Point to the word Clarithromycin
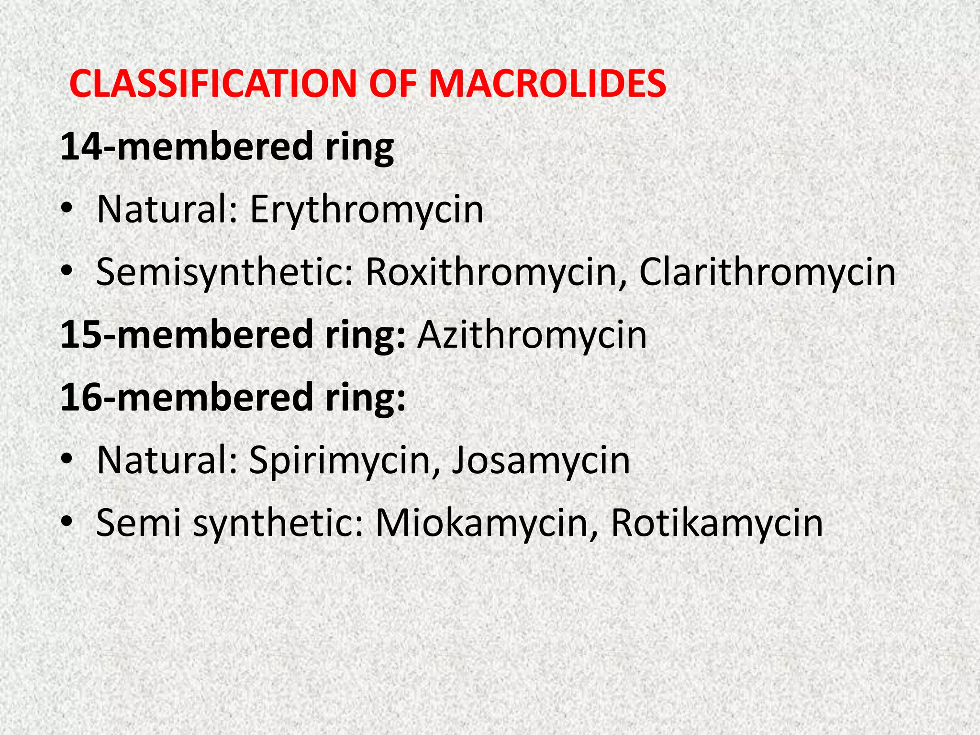click(x=767, y=272)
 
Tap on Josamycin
click(x=541, y=460)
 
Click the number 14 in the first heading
click(x=81, y=147)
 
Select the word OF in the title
click(x=392, y=84)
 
